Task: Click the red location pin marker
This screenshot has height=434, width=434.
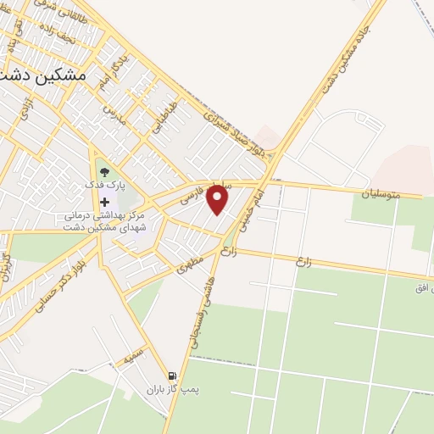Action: pyautogui.click(x=219, y=200)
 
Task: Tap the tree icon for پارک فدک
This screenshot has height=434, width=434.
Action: pyautogui.click(x=104, y=174)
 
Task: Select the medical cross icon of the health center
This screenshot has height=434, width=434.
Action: pyautogui.click(x=105, y=203)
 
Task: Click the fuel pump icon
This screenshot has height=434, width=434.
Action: pyautogui.click(x=173, y=376)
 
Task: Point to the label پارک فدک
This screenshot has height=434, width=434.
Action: pyautogui.click(x=104, y=185)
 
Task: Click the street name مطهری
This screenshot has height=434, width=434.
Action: pyautogui.click(x=188, y=264)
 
